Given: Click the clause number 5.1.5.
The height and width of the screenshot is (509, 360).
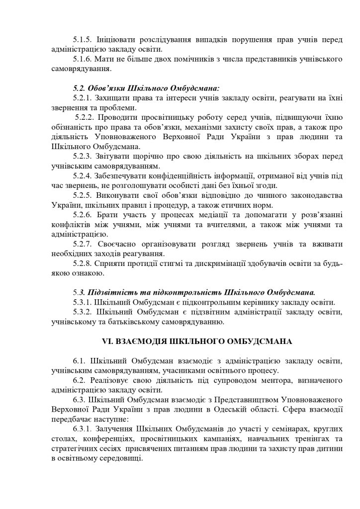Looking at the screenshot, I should pyautogui.click(x=83, y=39).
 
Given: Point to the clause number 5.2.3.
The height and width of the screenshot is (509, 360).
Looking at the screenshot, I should pyautogui.click(x=83, y=156).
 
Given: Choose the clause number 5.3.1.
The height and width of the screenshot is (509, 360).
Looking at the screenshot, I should pyautogui.click(x=83, y=302).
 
